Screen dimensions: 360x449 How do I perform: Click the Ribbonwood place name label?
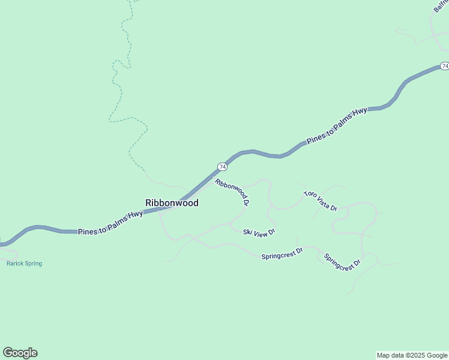(x=172, y=203)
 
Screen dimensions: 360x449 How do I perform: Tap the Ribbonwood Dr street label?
(x=232, y=192)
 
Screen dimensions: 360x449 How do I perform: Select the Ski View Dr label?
(x=259, y=232)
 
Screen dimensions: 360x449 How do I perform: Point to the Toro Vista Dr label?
(x=321, y=200)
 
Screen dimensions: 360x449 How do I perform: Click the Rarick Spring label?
(x=24, y=263)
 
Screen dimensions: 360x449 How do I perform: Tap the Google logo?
(x=20, y=353)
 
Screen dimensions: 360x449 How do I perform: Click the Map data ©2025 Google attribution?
(x=412, y=355)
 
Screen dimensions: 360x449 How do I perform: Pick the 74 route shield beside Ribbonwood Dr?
(x=222, y=166)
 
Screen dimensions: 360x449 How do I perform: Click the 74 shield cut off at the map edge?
(x=444, y=65)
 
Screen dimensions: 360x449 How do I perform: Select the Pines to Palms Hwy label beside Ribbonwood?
(x=110, y=222)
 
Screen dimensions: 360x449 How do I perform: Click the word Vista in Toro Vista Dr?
(x=322, y=201)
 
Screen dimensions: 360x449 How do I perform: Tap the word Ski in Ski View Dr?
(x=247, y=231)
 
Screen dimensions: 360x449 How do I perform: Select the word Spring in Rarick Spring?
(x=33, y=263)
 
